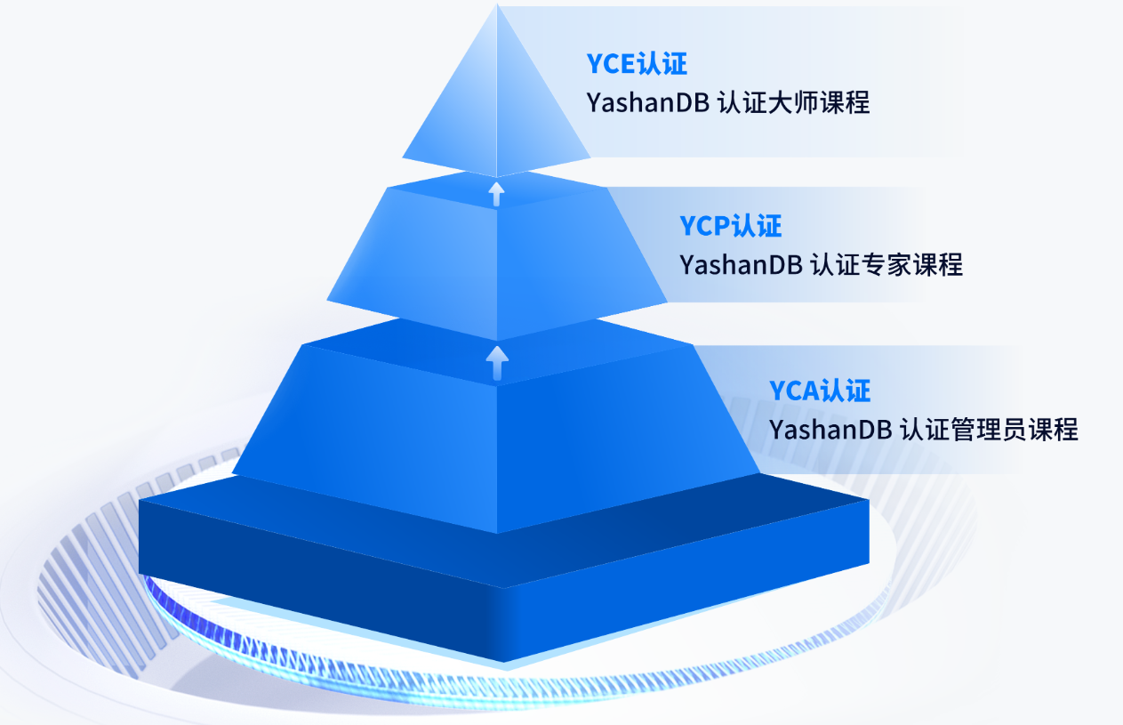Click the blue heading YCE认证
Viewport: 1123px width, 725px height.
637,64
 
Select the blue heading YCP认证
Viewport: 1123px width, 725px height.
731,226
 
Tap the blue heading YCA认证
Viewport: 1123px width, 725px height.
820,391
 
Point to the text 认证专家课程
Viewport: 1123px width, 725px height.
887,265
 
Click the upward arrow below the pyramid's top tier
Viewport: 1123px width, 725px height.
497,193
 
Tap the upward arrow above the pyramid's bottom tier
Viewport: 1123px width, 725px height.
497,363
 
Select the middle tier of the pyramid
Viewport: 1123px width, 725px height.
496,258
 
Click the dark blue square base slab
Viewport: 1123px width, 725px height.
498,587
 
